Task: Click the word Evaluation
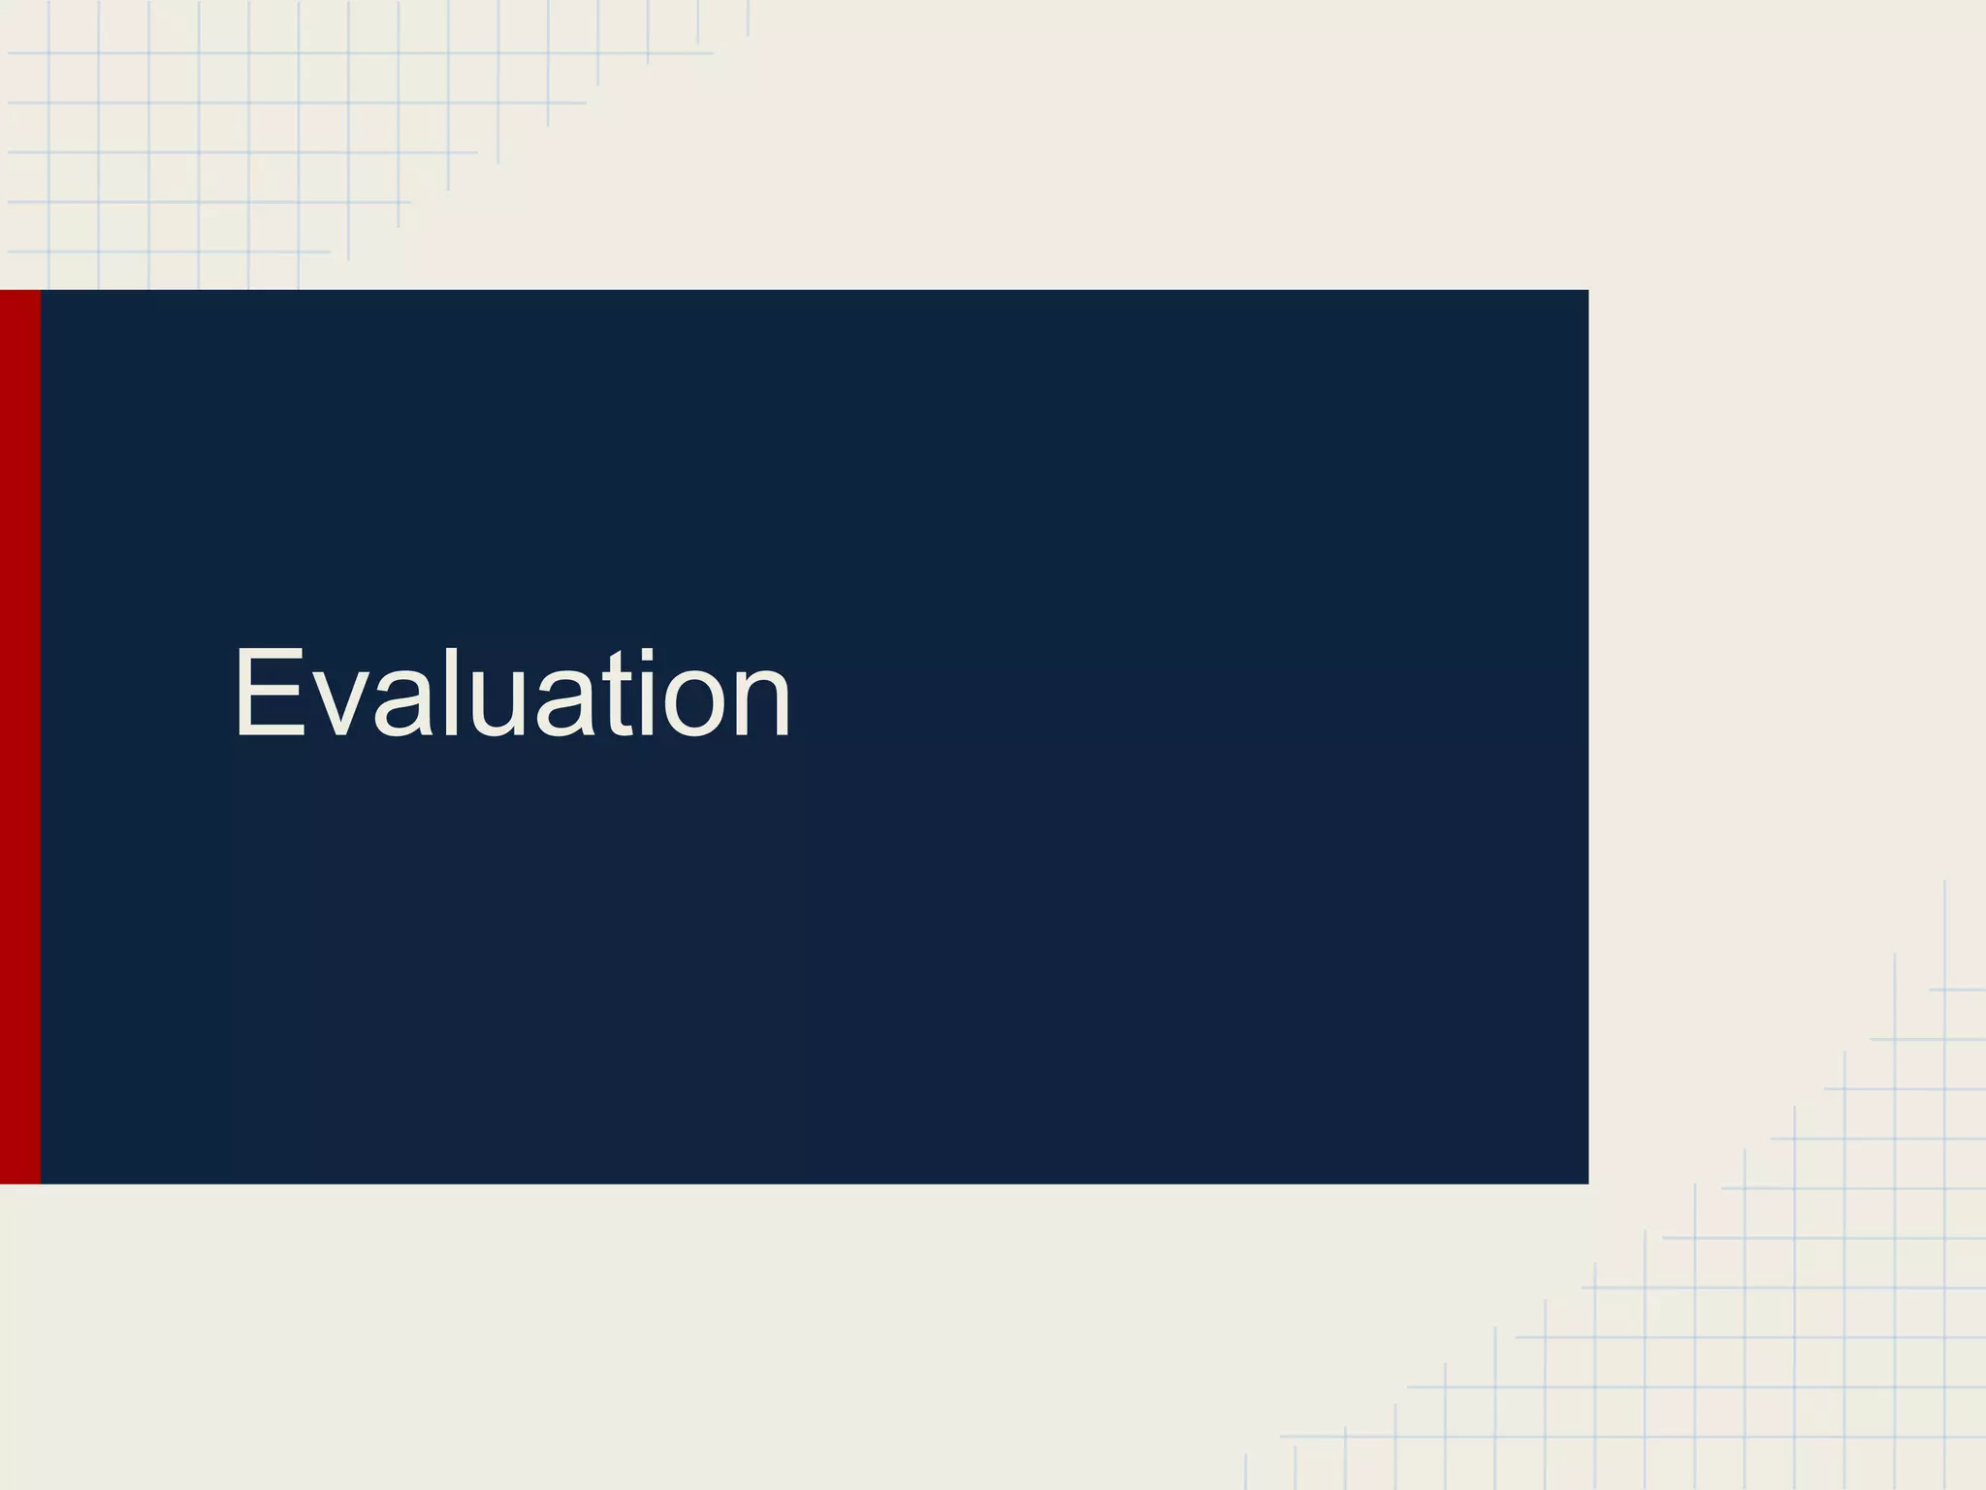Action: point(512,693)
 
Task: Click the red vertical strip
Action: point(19,737)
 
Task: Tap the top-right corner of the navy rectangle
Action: point(1586,292)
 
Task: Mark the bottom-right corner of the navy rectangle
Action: point(1586,1182)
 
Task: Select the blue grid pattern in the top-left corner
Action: point(194,126)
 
